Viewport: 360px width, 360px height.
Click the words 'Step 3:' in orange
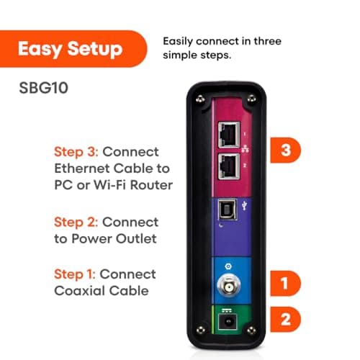point(77,152)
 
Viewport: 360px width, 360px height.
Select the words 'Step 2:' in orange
point(77,222)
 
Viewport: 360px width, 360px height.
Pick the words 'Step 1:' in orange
point(76,274)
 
